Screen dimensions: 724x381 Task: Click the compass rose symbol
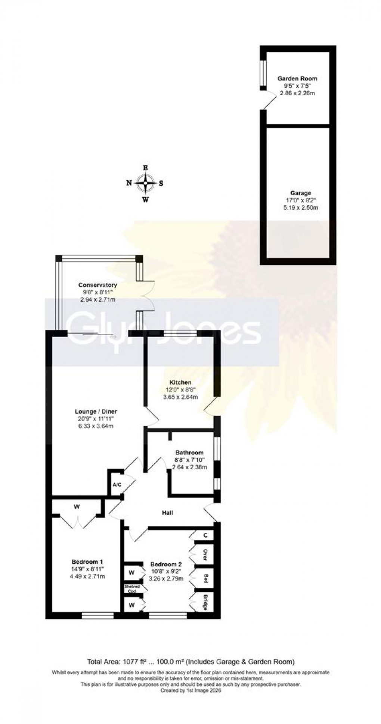coord(145,183)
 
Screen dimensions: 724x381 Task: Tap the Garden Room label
coord(297,78)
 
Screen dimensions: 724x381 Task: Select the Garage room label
coord(301,193)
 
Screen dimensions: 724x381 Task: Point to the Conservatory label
coord(97,285)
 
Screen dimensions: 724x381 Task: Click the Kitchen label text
coord(180,382)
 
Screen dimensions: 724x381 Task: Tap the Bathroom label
coord(189,453)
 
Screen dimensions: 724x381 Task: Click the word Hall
coord(167,513)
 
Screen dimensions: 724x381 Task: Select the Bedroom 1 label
coord(87,562)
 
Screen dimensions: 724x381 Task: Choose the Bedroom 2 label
coord(166,564)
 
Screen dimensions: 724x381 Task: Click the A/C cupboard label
coord(117,485)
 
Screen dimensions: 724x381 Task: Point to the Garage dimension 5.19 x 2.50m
coord(301,208)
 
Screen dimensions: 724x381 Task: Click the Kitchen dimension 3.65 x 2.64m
coord(180,397)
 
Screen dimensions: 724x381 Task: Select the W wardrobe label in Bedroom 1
coord(77,507)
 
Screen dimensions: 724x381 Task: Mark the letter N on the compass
coord(129,183)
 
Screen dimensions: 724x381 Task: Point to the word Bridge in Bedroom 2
coord(205,602)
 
